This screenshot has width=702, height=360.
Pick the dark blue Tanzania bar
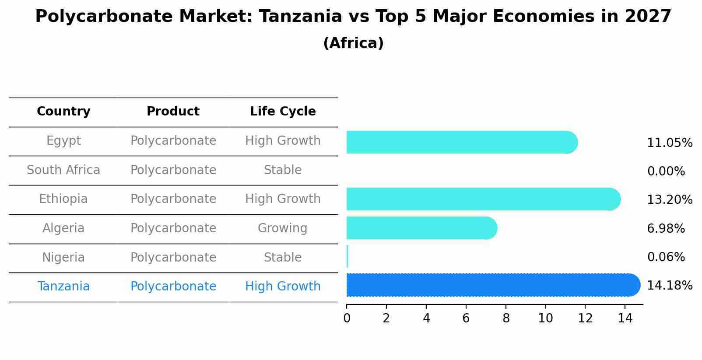point(493,285)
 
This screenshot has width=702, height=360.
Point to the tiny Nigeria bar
point(347,256)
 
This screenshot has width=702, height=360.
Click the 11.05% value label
point(669,143)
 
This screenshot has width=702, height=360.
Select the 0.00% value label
point(666,171)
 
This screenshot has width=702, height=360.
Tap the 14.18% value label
point(669,286)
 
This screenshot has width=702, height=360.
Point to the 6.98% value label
point(666,228)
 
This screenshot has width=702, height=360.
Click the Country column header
point(63,112)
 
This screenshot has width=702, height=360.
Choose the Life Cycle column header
point(283,112)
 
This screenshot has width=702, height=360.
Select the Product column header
point(173,112)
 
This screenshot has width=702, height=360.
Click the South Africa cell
point(63,170)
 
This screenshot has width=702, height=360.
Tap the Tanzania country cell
point(63,287)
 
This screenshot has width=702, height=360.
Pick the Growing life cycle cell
point(282,228)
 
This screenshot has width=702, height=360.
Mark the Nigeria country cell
point(63,258)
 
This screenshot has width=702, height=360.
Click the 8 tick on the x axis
point(506,318)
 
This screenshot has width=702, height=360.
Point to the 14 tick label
point(625,318)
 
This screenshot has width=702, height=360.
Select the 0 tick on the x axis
point(347,318)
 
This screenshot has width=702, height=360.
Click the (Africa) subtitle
point(353,43)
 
